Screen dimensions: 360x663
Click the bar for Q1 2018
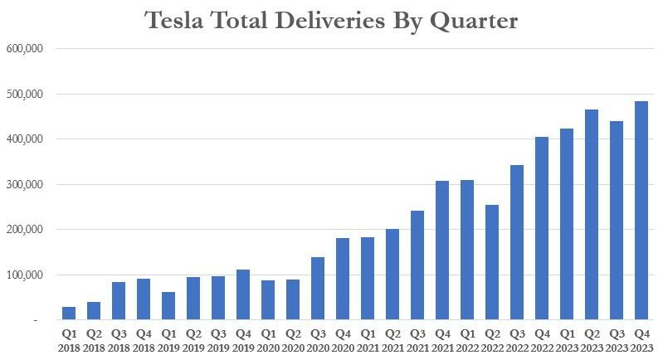click(69, 314)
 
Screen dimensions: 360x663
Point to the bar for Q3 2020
click(318, 289)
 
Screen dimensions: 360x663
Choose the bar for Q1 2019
click(168, 306)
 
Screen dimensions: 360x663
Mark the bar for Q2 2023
click(592, 215)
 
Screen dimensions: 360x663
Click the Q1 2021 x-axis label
click(368, 339)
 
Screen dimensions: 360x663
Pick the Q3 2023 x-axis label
click(617, 339)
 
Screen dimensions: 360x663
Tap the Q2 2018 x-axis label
click(94, 339)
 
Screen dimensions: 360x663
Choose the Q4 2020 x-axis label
click(343, 339)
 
